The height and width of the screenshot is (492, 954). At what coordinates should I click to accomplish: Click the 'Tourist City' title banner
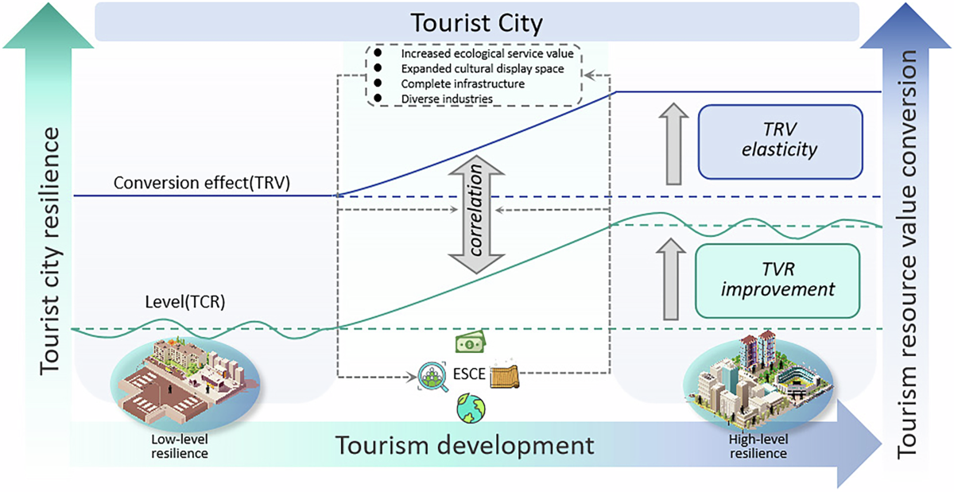click(476, 21)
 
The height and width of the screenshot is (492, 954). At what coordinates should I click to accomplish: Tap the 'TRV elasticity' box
click(779, 141)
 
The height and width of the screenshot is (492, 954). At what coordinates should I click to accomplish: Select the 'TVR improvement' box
click(778, 280)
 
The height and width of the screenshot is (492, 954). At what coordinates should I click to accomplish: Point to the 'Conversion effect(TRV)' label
click(201, 183)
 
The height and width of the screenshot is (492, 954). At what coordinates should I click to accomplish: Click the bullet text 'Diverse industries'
click(447, 99)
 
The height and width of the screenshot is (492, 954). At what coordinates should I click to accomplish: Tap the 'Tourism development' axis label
click(464, 445)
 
